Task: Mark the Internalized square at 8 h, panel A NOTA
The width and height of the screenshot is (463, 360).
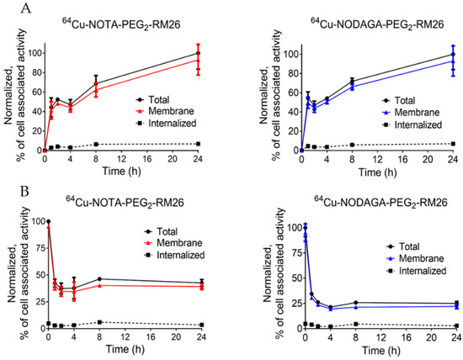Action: point(96,144)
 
